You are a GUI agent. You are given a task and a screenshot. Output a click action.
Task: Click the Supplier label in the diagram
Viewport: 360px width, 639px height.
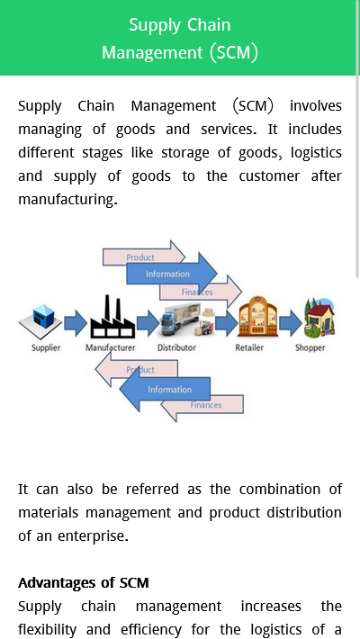pyautogui.click(x=46, y=347)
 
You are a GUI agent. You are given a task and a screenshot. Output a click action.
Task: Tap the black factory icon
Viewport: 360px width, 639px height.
pyautogui.click(x=112, y=317)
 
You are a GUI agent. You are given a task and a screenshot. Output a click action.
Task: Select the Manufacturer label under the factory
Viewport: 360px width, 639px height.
pyautogui.click(x=110, y=347)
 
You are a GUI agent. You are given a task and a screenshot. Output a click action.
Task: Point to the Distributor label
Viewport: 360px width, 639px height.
pyautogui.click(x=176, y=347)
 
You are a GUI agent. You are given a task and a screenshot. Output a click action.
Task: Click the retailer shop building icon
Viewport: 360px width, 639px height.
pyautogui.click(x=257, y=317)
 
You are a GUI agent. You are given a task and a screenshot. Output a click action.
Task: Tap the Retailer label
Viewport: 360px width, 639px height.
pyautogui.click(x=249, y=347)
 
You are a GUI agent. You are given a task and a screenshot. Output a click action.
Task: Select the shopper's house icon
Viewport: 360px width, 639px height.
pyautogui.click(x=319, y=319)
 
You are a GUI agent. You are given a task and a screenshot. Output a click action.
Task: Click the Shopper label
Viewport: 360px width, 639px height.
pyautogui.click(x=310, y=347)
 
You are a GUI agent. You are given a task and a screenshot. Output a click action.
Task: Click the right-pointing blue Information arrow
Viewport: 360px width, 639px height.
pyautogui.click(x=172, y=274)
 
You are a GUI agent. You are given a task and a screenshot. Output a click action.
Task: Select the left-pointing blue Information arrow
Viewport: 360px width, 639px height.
pyautogui.click(x=165, y=390)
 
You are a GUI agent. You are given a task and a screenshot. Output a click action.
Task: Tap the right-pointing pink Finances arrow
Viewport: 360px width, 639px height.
pyautogui.click(x=201, y=292)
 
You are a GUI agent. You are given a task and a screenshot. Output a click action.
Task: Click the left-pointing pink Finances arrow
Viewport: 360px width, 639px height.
pyautogui.click(x=202, y=405)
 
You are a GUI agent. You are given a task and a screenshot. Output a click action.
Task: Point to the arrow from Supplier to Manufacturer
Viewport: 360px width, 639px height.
pyautogui.click(x=76, y=323)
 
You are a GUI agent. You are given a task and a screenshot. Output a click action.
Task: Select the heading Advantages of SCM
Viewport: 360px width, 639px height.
pyautogui.click(x=83, y=583)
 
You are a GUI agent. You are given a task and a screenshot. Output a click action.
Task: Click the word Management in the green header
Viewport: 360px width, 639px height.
pyautogui.click(x=152, y=52)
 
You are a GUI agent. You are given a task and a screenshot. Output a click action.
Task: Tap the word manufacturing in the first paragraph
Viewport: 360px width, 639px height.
pyautogui.click(x=67, y=199)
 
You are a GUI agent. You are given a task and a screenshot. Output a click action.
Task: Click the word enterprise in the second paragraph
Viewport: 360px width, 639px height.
pyautogui.click(x=93, y=535)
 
